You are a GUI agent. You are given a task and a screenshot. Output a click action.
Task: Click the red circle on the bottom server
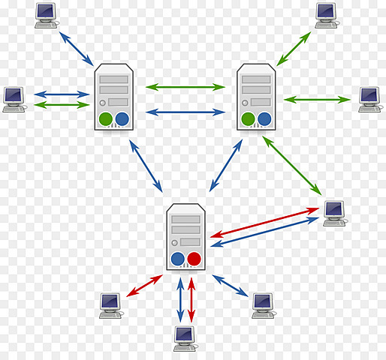coord(195,259)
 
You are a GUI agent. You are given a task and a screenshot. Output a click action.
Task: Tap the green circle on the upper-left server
coord(105,118)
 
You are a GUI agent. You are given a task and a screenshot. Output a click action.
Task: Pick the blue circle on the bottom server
coord(178,259)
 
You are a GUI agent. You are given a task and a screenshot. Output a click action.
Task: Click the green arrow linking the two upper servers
coord(185,87)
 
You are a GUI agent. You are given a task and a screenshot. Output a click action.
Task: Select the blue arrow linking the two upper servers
coord(185,112)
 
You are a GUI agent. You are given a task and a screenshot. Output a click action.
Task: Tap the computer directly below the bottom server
coord(184,337)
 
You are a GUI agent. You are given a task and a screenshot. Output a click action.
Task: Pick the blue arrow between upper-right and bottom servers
coord(225,166)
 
